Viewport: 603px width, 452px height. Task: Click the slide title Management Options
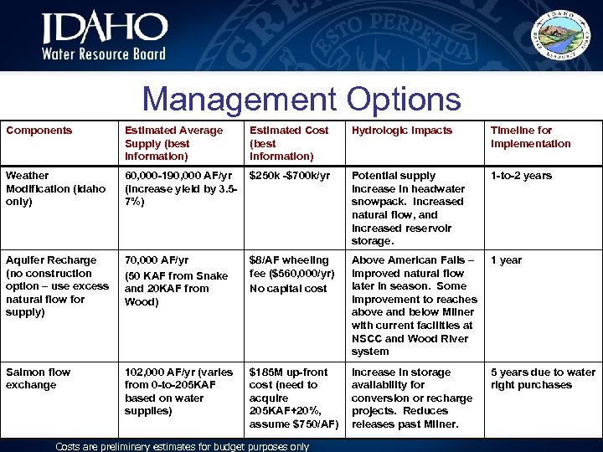301,100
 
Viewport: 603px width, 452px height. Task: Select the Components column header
39,131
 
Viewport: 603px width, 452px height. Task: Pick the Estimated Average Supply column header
174,143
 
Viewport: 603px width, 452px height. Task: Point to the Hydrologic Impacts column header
402,131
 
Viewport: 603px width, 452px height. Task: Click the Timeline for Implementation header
530,136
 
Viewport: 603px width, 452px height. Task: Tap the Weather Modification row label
55,188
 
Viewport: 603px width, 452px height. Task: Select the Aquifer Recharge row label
57,286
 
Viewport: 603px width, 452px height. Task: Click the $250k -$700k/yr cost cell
290,176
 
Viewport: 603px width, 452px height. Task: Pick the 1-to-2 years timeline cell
521,176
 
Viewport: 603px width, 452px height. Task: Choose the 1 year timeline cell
508,260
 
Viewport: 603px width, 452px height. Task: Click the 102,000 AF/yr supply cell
179,391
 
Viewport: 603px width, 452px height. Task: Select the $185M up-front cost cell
294,398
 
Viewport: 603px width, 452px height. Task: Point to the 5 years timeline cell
543,378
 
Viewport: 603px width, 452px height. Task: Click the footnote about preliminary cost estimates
182,446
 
